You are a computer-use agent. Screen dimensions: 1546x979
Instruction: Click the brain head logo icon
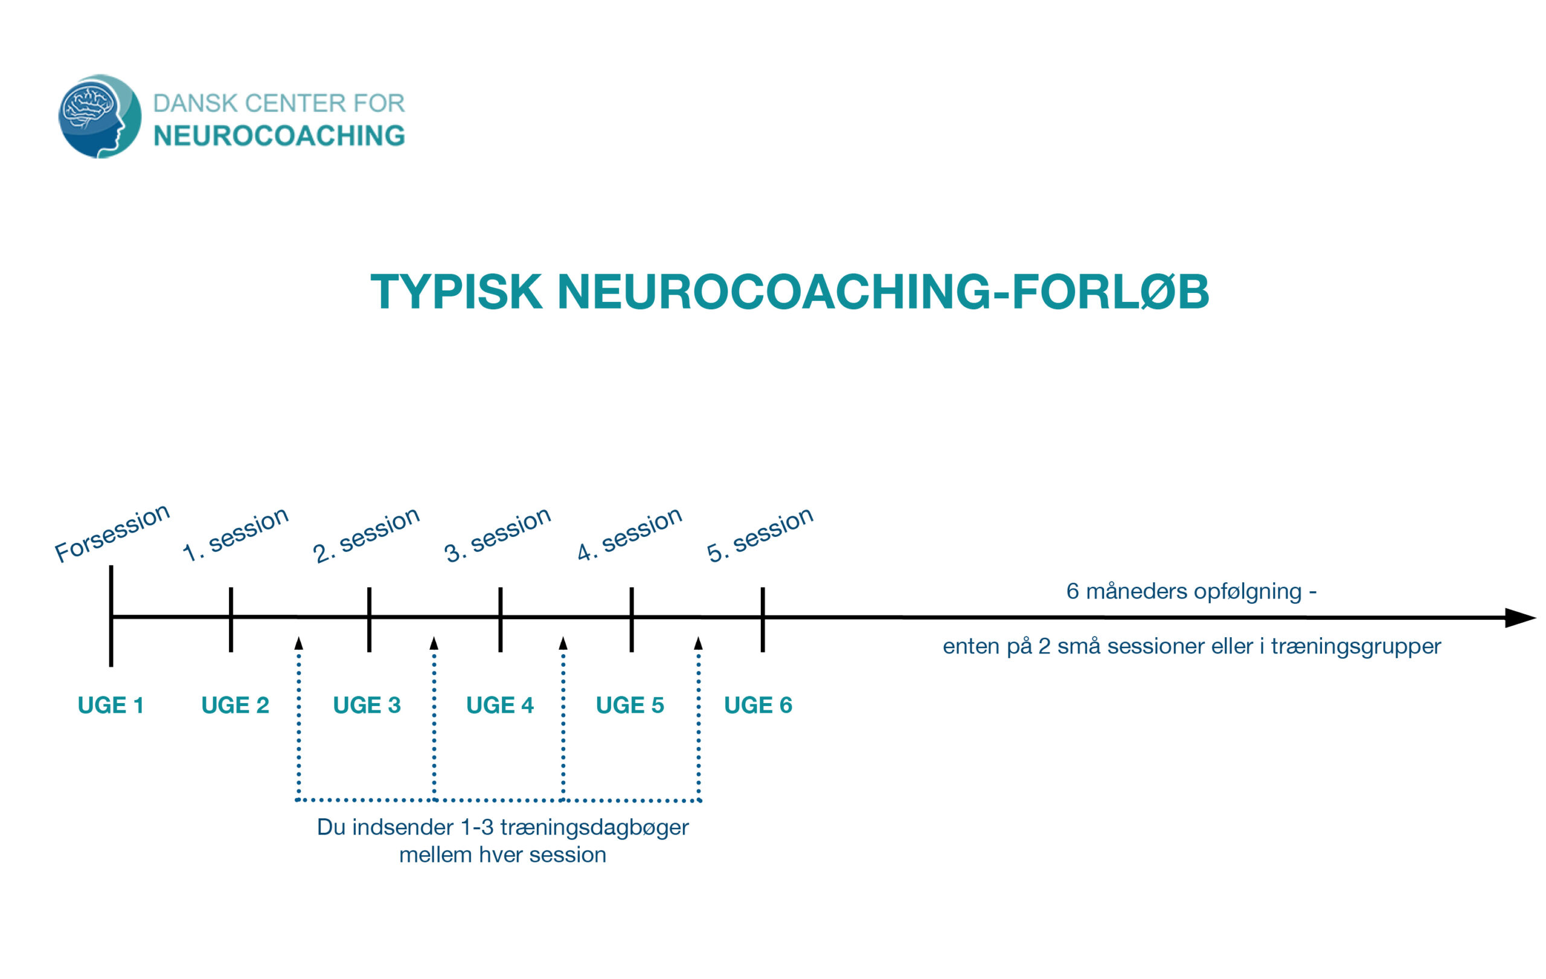click(100, 116)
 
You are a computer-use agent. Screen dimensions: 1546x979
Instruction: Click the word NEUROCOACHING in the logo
click(279, 135)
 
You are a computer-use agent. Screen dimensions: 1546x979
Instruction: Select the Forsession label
click(112, 533)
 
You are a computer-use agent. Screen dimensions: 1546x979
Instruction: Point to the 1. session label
click(236, 534)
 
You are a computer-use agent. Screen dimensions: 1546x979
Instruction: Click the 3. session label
click(498, 534)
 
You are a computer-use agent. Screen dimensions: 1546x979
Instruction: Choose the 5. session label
click(760, 534)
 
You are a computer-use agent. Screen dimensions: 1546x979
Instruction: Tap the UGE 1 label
click(111, 705)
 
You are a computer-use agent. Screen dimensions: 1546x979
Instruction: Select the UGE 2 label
click(235, 705)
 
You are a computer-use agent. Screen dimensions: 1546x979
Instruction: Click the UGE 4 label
click(500, 705)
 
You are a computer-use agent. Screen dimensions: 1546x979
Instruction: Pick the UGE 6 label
click(759, 705)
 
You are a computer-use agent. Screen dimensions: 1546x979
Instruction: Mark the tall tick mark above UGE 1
click(111, 615)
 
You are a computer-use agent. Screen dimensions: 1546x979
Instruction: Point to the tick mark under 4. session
click(632, 620)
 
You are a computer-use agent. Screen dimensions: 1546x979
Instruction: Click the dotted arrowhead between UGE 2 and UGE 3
click(298, 643)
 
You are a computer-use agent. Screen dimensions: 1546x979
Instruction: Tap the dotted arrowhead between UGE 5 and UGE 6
click(699, 643)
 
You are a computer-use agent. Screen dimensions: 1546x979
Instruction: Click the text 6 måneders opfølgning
click(1184, 591)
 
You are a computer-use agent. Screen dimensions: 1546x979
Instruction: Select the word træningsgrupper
click(1356, 646)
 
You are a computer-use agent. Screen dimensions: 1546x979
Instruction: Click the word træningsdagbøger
click(594, 827)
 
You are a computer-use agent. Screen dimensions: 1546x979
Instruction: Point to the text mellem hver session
click(502, 855)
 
